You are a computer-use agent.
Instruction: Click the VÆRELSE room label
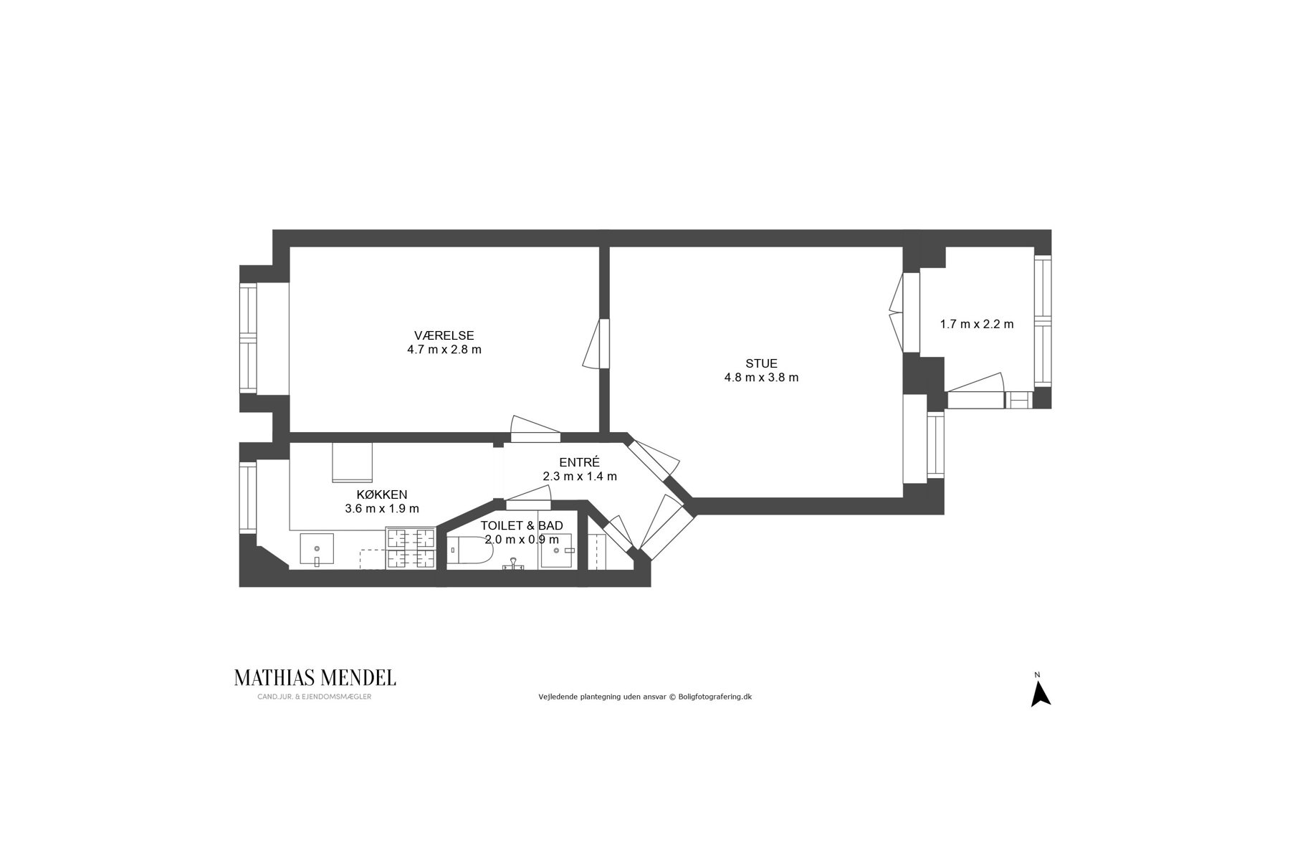click(x=444, y=335)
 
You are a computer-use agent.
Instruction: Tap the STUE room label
click(x=761, y=363)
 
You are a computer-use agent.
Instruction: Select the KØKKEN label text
click(x=382, y=494)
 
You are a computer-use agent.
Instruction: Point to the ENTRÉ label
click(x=579, y=462)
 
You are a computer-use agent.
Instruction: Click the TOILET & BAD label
click(x=522, y=526)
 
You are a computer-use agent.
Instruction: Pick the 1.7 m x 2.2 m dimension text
click(x=977, y=324)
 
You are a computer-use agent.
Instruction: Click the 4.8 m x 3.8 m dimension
click(x=761, y=378)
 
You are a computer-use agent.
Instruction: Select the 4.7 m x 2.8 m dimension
click(x=444, y=350)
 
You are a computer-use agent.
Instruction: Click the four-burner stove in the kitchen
click(x=411, y=548)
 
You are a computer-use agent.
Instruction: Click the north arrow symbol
click(x=1040, y=694)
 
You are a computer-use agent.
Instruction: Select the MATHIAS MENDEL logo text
click(x=315, y=677)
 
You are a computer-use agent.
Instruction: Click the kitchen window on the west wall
click(x=248, y=497)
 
